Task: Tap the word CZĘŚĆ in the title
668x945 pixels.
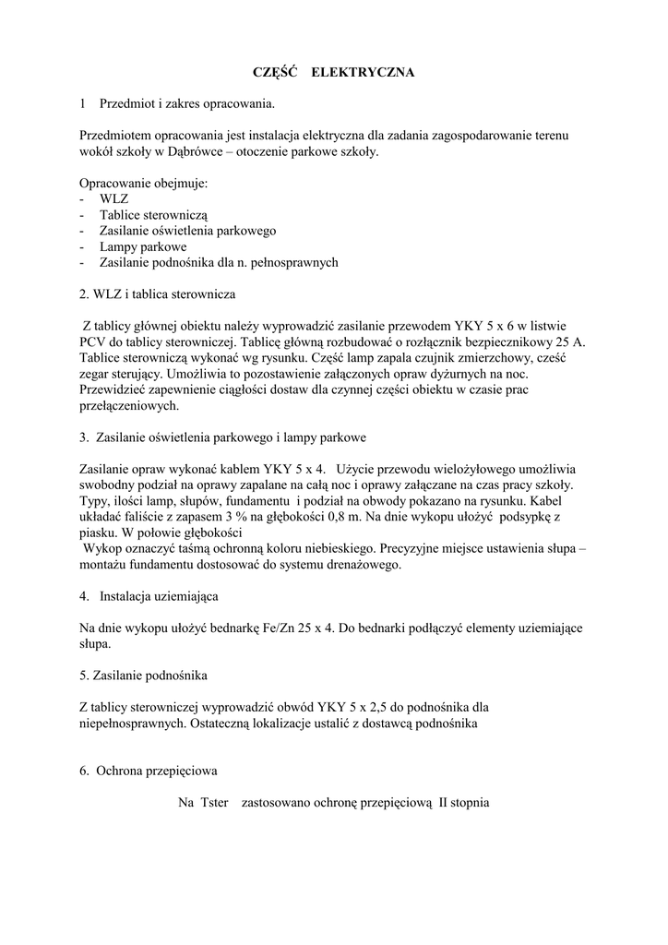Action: coord(275,71)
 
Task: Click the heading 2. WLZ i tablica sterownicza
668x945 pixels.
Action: coord(158,294)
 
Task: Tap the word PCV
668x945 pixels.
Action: coord(94,341)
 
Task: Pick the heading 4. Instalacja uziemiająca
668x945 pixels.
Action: coord(149,596)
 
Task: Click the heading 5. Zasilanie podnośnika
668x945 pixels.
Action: coord(143,676)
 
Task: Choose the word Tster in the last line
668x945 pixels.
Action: coord(213,803)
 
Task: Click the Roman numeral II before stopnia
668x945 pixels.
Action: coord(444,803)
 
